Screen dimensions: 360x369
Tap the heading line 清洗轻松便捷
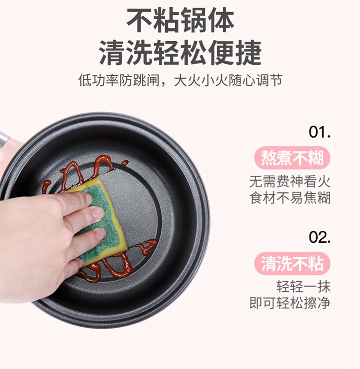(180, 53)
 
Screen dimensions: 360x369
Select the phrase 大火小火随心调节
(228, 80)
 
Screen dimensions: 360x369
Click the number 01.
(320, 132)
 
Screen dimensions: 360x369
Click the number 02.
(320, 237)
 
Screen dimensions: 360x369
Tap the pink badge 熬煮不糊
(292, 158)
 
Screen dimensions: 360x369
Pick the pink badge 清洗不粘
(292, 263)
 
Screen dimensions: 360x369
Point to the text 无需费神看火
(290, 181)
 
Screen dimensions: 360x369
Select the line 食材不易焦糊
(290, 197)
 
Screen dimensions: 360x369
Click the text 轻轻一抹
(303, 286)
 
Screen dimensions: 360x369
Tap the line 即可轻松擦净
(290, 302)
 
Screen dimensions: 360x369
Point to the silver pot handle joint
(3, 139)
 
